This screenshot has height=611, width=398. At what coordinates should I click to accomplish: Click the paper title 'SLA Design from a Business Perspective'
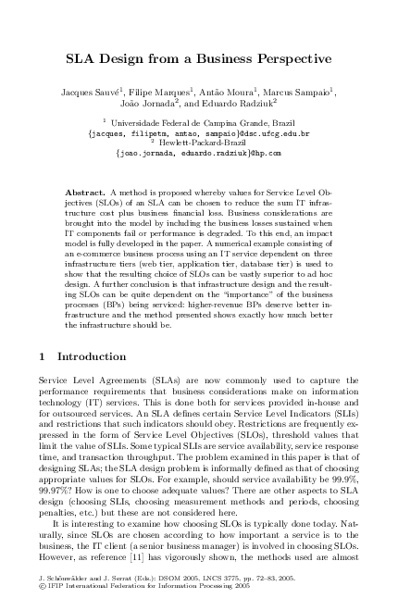(198, 59)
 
